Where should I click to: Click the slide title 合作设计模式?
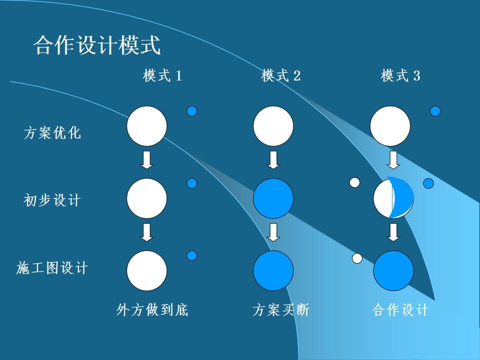click(x=97, y=45)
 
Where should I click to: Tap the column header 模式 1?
click(x=162, y=76)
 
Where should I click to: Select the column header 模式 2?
click(x=281, y=76)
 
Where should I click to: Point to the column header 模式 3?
click(x=400, y=76)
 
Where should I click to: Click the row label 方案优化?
click(x=52, y=133)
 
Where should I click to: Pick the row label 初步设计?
click(x=52, y=201)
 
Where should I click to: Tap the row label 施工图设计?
click(x=52, y=268)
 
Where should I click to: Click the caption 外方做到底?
click(x=152, y=310)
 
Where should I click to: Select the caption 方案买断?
click(x=281, y=310)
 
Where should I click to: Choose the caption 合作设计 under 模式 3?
click(x=400, y=310)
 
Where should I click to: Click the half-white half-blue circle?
click(x=393, y=198)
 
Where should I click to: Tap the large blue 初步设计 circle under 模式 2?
click(x=273, y=198)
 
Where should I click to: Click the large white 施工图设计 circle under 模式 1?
click(x=146, y=270)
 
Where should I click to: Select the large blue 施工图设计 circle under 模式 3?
click(x=393, y=270)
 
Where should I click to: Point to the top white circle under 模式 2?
click(x=273, y=126)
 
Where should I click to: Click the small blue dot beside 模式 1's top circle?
click(x=192, y=111)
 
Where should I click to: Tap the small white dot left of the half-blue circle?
click(x=354, y=182)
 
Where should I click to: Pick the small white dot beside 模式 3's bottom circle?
click(x=357, y=258)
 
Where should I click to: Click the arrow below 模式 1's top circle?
click(x=146, y=159)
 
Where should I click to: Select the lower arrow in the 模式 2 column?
click(x=273, y=232)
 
